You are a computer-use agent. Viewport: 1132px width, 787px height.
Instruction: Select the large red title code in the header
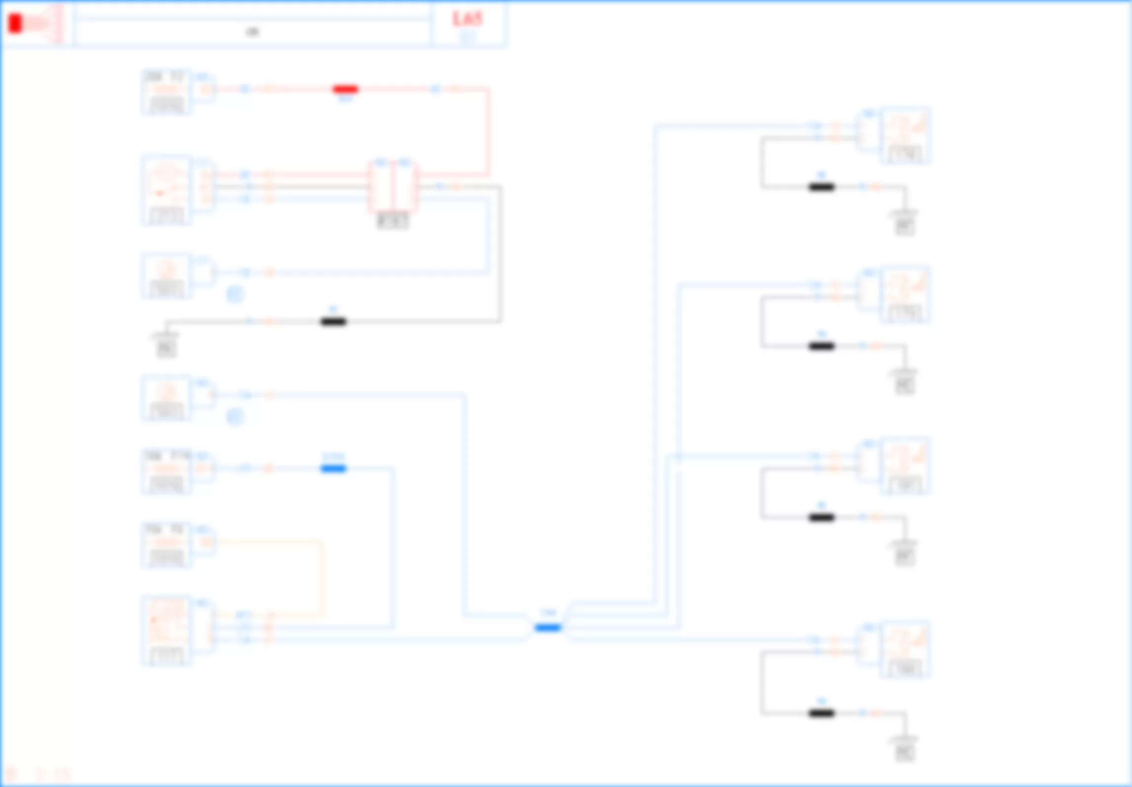[x=467, y=19]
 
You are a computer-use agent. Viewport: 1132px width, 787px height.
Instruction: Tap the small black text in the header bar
[x=252, y=32]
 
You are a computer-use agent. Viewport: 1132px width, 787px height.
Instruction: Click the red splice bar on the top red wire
[x=345, y=89]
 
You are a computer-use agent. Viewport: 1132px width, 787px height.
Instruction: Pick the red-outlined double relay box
[x=393, y=187]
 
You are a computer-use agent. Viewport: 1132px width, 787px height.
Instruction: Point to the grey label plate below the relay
[x=393, y=221]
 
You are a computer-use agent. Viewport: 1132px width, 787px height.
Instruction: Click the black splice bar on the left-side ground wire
[x=333, y=322]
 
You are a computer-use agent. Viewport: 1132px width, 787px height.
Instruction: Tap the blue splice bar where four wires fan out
[x=548, y=628]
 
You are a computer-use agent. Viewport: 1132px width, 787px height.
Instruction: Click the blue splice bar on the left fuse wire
[x=333, y=468]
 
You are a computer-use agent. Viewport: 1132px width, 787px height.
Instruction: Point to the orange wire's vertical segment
[x=323, y=577]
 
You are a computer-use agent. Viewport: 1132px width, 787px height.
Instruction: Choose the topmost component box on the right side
[x=905, y=135]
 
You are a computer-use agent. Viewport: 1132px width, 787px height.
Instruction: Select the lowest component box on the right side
[x=905, y=649]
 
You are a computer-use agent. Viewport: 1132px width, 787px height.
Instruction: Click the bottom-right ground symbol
[x=905, y=749]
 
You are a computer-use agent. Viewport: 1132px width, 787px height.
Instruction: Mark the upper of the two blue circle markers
[x=235, y=295]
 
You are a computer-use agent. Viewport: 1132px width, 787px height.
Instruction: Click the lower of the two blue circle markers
[x=235, y=417]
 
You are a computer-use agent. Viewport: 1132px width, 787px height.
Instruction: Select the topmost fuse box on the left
[x=167, y=92]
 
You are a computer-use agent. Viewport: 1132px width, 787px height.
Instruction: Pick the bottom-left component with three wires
[x=167, y=631]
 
